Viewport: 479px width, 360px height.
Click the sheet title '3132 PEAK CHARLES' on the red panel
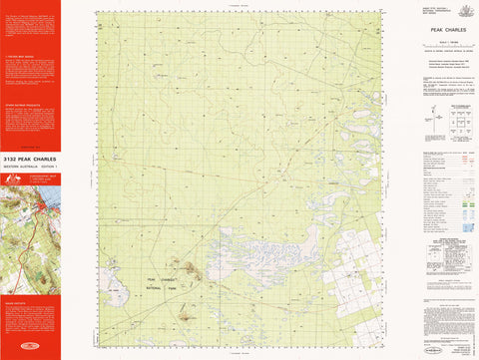(x=30, y=161)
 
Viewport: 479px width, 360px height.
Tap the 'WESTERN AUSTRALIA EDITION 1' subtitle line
(x=30, y=169)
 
